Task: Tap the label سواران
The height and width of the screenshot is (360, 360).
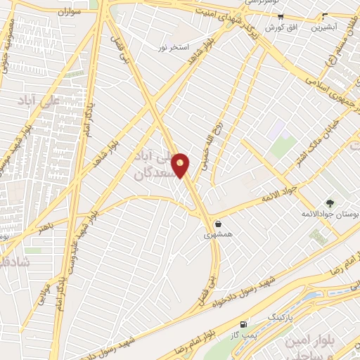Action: [x=67, y=13]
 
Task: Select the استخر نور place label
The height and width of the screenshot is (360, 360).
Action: [x=174, y=46]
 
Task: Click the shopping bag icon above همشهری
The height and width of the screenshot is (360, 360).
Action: [x=219, y=224]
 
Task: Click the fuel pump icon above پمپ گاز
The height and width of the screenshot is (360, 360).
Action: [x=243, y=323]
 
